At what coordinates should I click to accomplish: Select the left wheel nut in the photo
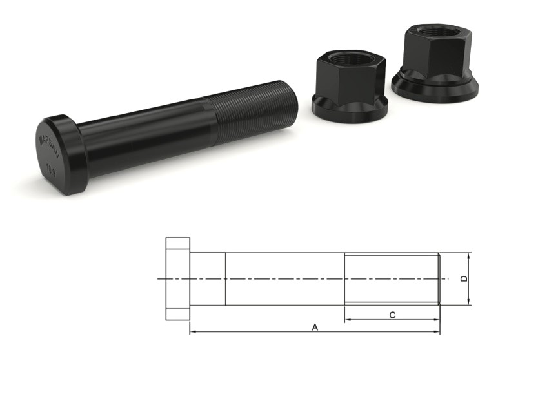pyautogui.click(x=348, y=84)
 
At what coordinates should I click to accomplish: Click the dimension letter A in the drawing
pyautogui.click(x=315, y=328)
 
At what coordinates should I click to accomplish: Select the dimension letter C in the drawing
pyautogui.click(x=392, y=315)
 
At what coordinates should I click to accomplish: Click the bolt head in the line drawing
pyautogui.click(x=177, y=279)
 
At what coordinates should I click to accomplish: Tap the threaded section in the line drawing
pyautogui.click(x=392, y=278)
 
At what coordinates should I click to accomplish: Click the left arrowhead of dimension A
pyautogui.click(x=192, y=333)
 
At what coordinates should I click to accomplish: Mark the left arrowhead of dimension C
pyautogui.click(x=347, y=319)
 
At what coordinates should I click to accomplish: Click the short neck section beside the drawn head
pyautogui.click(x=207, y=279)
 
